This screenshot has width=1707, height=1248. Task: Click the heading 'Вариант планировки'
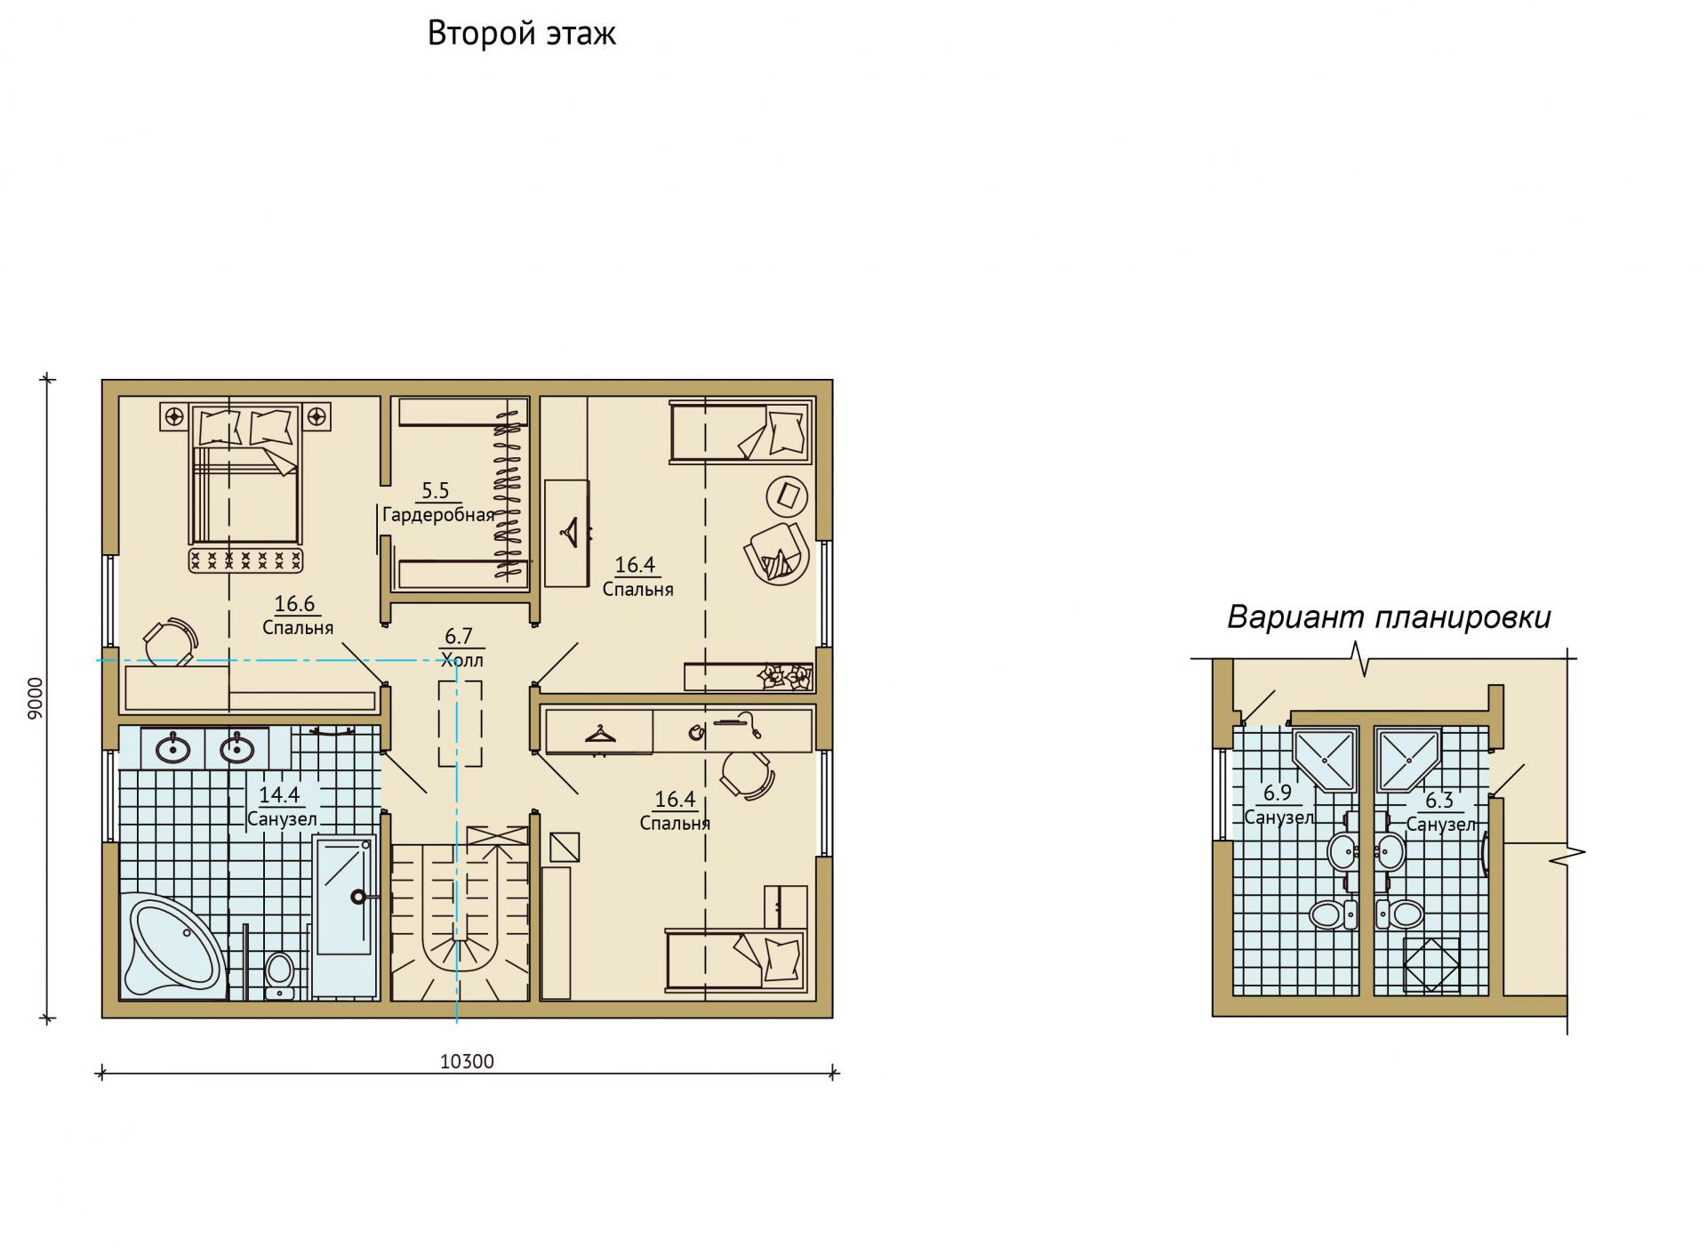pos(1389,617)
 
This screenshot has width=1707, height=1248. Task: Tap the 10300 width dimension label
pos(467,1061)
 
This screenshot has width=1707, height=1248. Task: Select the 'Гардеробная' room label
pos(438,515)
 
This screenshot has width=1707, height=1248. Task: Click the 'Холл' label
pos(461,660)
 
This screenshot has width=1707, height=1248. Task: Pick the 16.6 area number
pos(294,604)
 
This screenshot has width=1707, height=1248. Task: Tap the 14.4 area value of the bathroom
pos(278,795)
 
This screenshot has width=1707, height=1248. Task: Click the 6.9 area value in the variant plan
pos(1277,793)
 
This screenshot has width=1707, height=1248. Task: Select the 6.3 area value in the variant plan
pos(1439,801)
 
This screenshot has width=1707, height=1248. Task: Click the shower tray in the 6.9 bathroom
pos(1325,760)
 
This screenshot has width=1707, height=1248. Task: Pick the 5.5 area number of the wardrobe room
pos(436,490)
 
